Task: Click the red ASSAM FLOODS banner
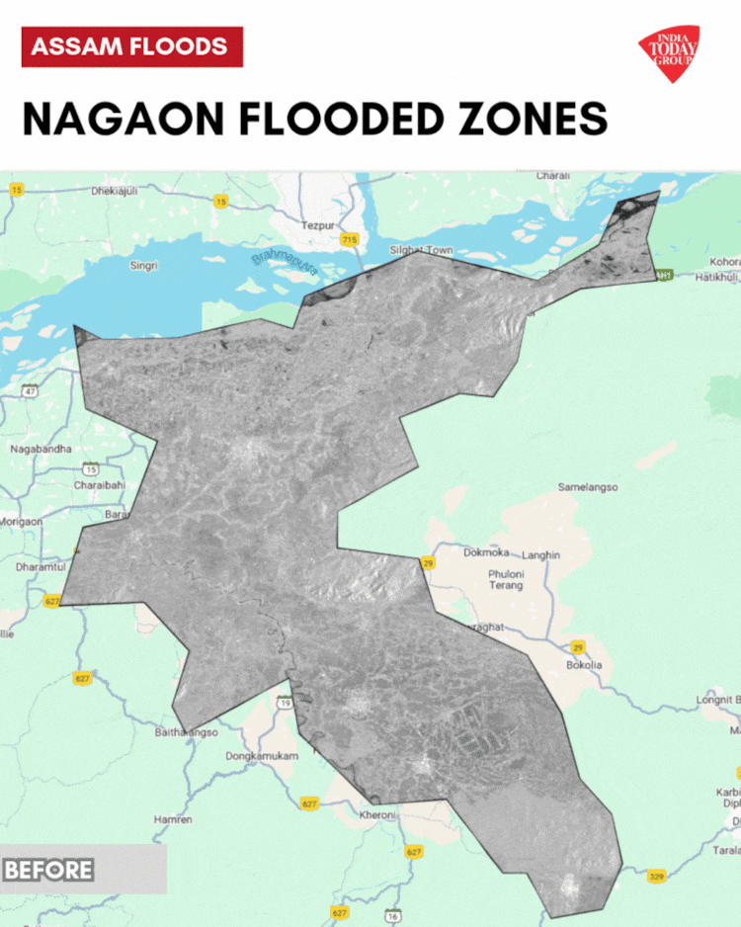pos(131,46)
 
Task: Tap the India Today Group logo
pos(669,52)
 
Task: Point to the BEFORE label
pos(48,870)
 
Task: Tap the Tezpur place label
pos(318,225)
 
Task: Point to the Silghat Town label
pos(421,250)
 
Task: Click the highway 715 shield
pos(349,239)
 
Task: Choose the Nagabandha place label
pos(41,449)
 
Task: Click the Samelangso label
pos(588,487)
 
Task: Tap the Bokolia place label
pos(583,665)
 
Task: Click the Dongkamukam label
pos(262,756)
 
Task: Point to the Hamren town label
pos(173,820)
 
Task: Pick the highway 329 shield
pos(656,876)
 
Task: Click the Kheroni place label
pos(377,815)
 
